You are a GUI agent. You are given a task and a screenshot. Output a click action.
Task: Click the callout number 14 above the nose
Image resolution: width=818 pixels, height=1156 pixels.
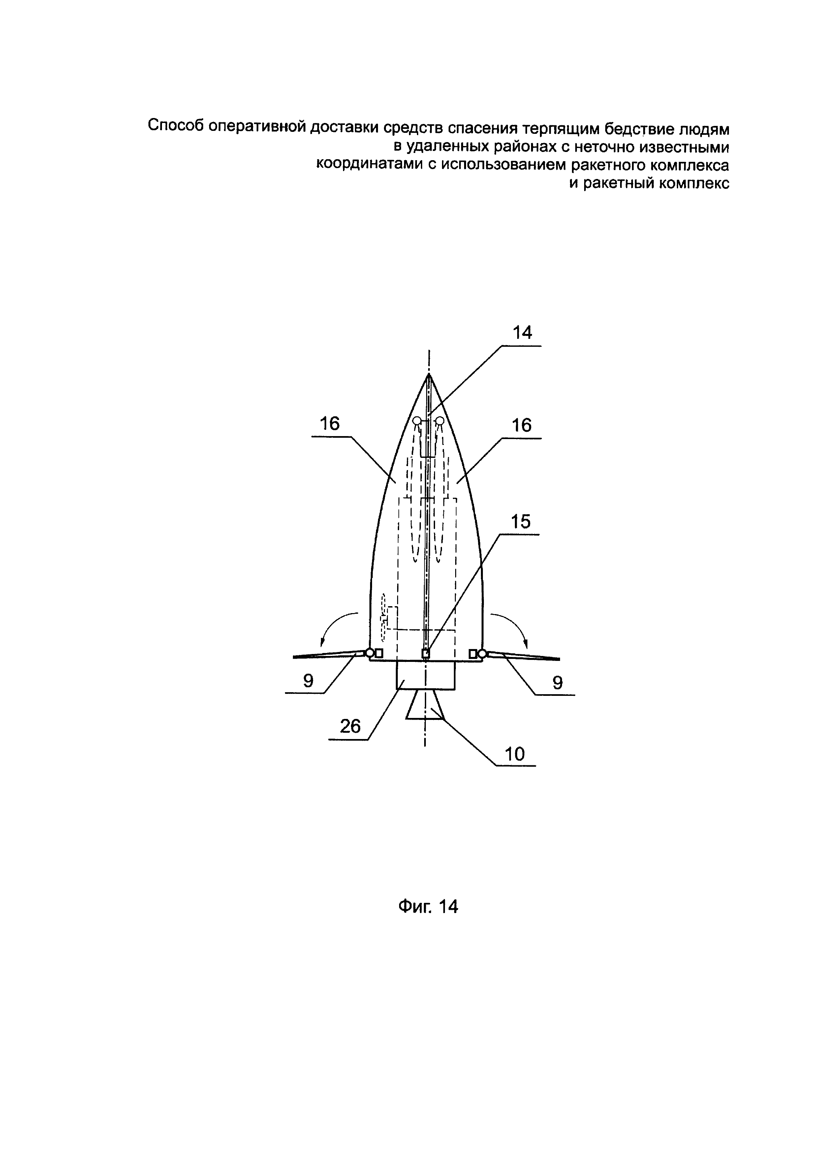point(522,333)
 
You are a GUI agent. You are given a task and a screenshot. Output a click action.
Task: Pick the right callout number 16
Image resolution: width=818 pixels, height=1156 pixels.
point(522,426)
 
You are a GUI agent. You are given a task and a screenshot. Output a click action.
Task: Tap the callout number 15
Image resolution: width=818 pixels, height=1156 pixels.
point(521,521)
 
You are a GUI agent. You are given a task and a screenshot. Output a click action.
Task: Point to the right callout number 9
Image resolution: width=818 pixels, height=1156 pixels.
point(557,683)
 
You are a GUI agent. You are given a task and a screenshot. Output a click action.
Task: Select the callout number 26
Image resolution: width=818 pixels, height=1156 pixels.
point(351,726)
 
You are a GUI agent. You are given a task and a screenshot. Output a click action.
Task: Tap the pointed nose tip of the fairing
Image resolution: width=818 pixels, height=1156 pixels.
point(429,375)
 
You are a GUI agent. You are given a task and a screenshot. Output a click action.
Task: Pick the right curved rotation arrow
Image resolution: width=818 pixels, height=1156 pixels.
point(511,627)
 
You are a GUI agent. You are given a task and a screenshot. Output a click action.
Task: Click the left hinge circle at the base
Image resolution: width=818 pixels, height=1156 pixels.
point(370,653)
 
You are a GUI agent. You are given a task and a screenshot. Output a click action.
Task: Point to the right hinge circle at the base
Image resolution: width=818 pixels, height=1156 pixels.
point(482,654)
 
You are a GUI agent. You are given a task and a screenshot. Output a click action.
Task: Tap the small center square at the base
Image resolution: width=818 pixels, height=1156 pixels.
point(425,654)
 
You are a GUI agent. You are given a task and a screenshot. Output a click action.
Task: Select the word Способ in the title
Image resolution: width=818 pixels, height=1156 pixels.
point(176,125)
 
